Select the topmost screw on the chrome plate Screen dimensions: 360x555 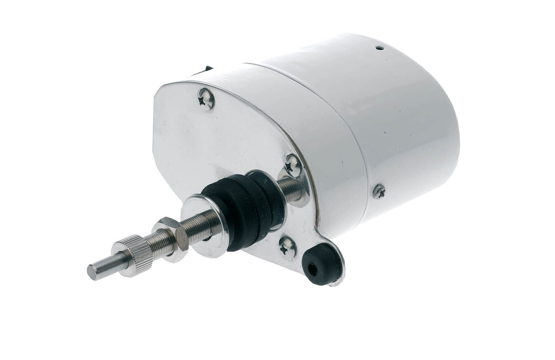coord(206,98)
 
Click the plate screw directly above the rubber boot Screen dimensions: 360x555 coord(293,165)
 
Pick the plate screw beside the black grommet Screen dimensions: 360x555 coord(288,248)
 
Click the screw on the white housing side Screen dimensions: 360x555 coord(379,191)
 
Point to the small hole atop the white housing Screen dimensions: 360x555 coord(379,48)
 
